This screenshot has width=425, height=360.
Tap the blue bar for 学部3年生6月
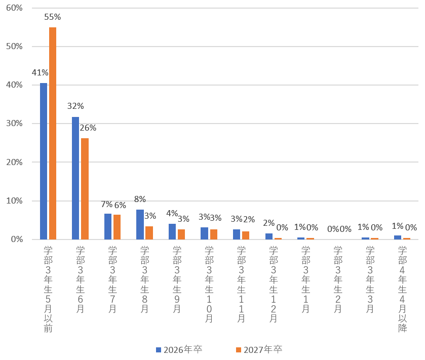(75, 178)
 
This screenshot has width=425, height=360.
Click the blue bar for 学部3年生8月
(140, 224)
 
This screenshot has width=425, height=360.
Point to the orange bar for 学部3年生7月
(117, 227)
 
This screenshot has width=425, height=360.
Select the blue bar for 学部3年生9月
(172, 231)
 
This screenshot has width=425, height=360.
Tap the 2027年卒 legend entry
(259, 350)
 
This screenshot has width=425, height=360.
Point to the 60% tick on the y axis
(15, 8)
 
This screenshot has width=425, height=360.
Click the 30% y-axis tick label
(15, 124)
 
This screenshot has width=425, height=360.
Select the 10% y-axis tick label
(15, 201)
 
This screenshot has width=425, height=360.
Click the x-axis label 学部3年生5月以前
(48, 289)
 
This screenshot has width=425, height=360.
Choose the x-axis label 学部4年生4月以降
(403, 289)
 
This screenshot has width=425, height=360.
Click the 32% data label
(75, 106)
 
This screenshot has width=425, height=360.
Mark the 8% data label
(140, 199)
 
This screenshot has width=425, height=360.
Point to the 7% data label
(107, 205)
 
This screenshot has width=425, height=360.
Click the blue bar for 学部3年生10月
(205, 233)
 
